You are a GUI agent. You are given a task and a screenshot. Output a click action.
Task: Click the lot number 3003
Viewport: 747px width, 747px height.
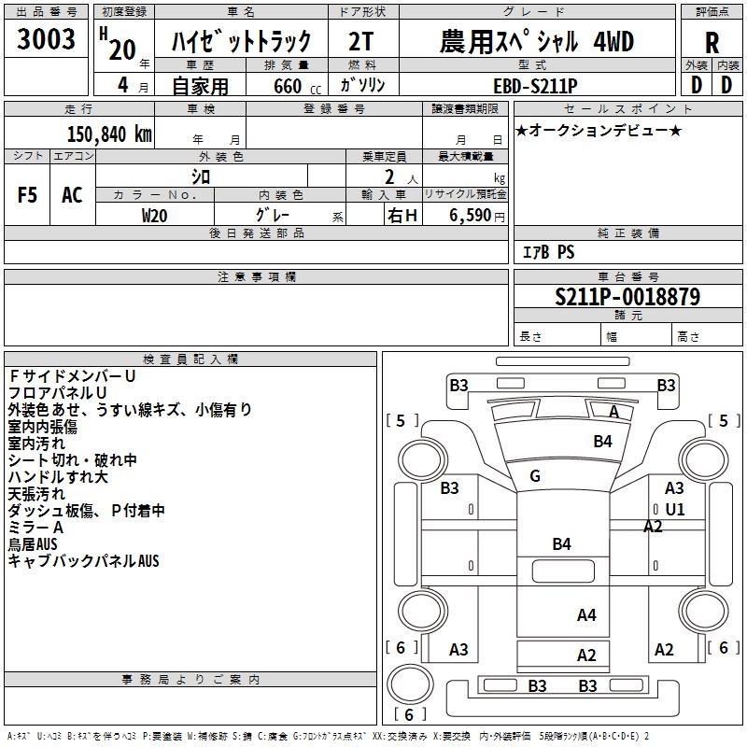click(46, 38)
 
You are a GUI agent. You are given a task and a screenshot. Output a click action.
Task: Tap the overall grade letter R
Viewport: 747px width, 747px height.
click(712, 43)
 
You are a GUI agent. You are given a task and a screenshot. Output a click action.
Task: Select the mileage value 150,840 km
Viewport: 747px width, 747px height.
click(109, 134)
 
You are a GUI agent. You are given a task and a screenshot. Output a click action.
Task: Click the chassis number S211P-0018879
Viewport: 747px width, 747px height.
click(627, 297)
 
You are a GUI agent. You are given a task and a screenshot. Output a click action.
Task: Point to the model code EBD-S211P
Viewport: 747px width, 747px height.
click(535, 86)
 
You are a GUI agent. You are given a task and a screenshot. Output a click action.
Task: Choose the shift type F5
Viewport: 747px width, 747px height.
click(27, 195)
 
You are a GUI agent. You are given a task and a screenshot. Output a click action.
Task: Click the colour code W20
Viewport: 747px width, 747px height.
click(154, 216)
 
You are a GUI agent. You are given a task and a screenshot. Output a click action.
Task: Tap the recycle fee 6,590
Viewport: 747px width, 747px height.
click(470, 216)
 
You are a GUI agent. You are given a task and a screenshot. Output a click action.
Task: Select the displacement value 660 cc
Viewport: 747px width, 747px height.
click(297, 86)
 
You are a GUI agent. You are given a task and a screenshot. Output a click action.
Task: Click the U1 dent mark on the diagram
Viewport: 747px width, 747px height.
click(674, 510)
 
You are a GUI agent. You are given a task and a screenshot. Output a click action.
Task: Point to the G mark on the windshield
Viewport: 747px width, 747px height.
click(535, 476)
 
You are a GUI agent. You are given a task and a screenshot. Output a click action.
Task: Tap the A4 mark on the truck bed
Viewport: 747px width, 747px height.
click(586, 615)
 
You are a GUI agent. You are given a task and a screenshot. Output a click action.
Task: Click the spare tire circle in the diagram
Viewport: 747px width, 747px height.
click(410, 684)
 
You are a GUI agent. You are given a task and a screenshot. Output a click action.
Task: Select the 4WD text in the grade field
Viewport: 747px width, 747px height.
click(613, 41)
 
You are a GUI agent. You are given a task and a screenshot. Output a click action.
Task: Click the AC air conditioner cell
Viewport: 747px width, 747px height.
click(73, 195)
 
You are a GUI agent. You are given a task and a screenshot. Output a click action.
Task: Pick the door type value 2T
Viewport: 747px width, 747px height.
click(361, 41)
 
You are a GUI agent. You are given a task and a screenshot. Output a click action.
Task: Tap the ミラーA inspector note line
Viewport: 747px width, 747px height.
click(35, 528)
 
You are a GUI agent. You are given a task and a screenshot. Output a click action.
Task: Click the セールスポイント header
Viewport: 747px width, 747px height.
click(627, 109)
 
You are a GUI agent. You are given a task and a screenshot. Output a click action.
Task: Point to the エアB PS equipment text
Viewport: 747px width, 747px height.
click(548, 252)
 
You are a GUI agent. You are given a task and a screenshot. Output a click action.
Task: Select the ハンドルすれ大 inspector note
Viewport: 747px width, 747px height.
click(58, 477)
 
